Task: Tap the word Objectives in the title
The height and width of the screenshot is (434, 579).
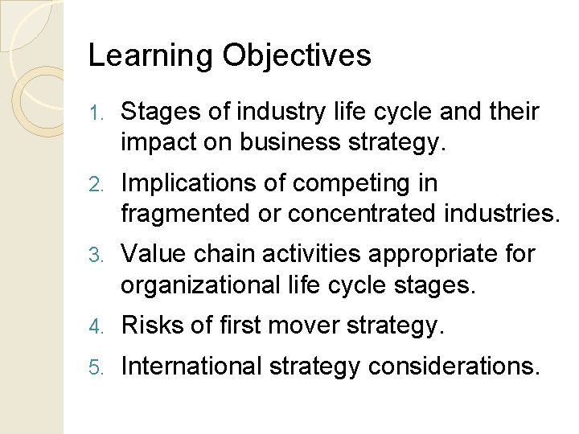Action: (297, 56)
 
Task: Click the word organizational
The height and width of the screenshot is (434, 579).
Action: (199, 286)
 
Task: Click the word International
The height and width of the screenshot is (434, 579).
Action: (191, 366)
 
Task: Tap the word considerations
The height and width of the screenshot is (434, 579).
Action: (452, 366)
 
